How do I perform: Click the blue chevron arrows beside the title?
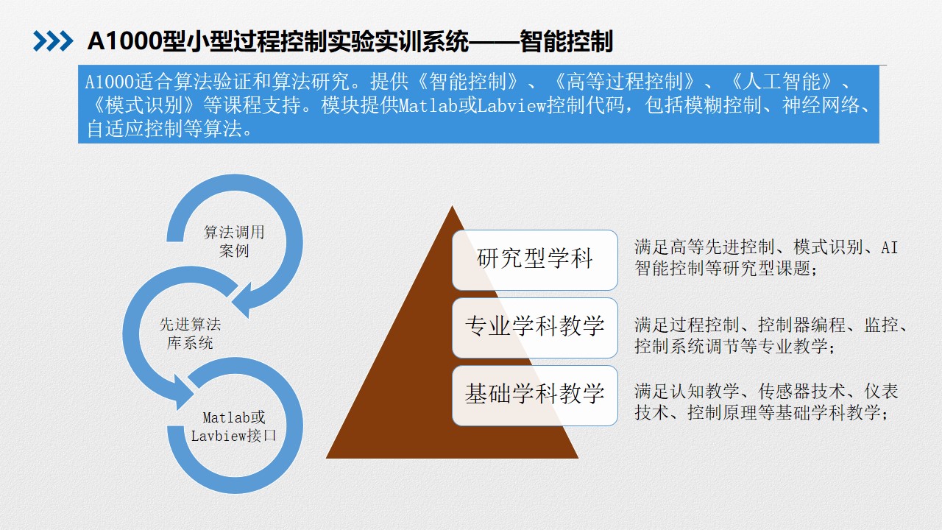tap(53, 41)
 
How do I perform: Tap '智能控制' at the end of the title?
tap(566, 41)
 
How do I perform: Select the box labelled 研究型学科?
tap(535, 260)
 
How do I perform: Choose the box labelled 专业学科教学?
tap(535, 328)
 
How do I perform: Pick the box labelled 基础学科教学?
tap(535, 395)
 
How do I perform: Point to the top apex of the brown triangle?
tap(452, 205)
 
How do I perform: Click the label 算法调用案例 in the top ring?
tap(234, 241)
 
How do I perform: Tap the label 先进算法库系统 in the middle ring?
tap(190, 333)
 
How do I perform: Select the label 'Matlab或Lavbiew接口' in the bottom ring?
tap(234, 426)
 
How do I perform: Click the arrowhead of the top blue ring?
tap(244, 300)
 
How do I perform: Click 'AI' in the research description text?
tap(889, 247)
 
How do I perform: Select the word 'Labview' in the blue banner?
tap(511, 105)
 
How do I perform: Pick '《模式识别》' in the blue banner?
tap(144, 105)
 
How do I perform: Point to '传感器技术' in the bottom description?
tap(801, 391)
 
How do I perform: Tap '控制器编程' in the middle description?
tap(801, 325)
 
